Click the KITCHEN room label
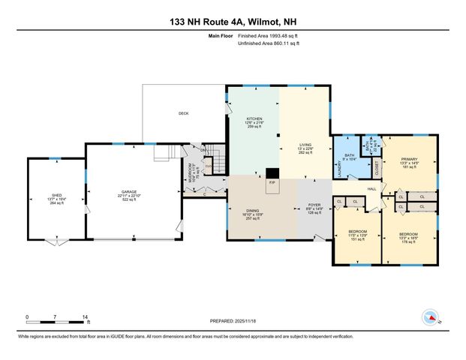click(253, 119)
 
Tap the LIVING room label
click(305, 145)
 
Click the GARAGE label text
click(131, 192)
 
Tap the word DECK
click(183, 113)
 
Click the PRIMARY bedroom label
click(409, 159)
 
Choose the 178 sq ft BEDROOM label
click(409, 234)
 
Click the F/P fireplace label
click(272, 181)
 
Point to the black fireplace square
click(271, 173)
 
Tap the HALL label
click(372, 188)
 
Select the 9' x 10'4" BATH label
click(350, 156)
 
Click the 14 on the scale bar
click(86, 317)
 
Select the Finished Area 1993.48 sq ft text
click(268, 35)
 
